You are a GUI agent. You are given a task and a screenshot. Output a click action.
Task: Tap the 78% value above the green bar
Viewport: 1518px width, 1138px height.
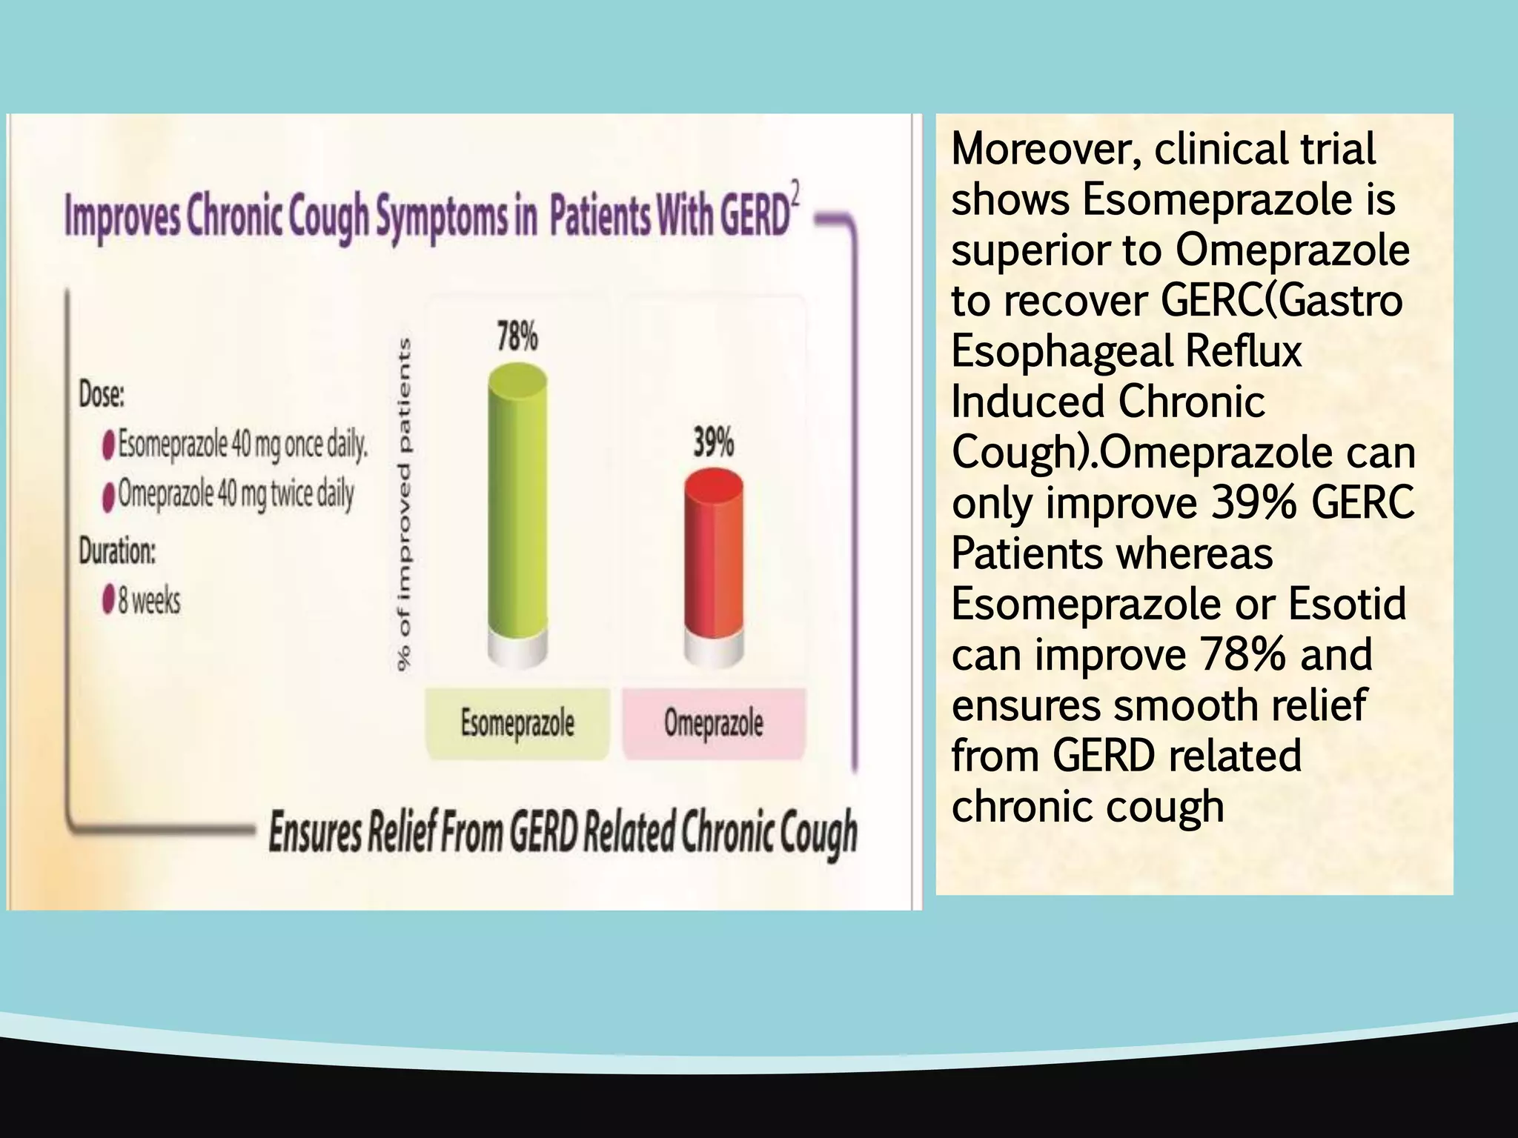click(517, 337)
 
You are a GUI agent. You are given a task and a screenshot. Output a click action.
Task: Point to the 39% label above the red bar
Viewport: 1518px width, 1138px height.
click(713, 443)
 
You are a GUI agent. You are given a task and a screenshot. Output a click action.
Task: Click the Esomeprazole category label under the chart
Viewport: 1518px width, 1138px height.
click(517, 723)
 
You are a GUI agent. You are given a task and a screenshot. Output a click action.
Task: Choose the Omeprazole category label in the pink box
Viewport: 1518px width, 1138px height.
click(713, 723)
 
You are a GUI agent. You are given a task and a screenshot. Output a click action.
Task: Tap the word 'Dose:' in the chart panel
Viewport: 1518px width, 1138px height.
click(102, 395)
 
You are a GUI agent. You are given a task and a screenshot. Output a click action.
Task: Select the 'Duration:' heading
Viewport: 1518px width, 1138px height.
click(117, 551)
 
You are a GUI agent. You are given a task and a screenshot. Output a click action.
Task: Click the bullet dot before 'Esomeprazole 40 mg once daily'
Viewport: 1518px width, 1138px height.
click(108, 446)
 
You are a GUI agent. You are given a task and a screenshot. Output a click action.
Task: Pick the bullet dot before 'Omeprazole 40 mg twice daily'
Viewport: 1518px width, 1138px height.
click(108, 496)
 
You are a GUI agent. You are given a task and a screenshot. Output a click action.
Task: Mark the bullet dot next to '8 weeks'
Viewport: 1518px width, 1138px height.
click(108, 599)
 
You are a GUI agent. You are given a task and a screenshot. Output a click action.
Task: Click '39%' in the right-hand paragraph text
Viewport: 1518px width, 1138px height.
click(1253, 503)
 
